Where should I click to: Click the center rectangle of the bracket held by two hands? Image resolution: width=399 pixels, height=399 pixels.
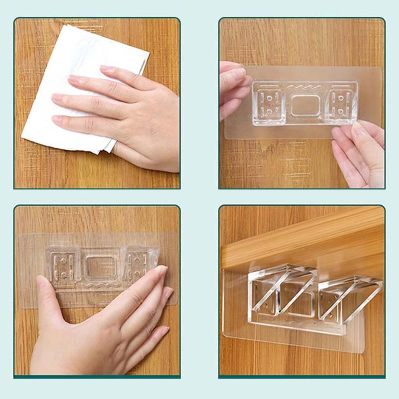pyautogui.click(x=305, y=106)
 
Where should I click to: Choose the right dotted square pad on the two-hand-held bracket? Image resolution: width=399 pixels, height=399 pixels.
pyautogui.click(x=341, y=103)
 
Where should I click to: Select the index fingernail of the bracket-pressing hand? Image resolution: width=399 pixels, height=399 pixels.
pyautogui.click(x=161, y=270)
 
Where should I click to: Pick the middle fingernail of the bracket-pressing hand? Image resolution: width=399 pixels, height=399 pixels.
pyautogui.click(x=168, y=293)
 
